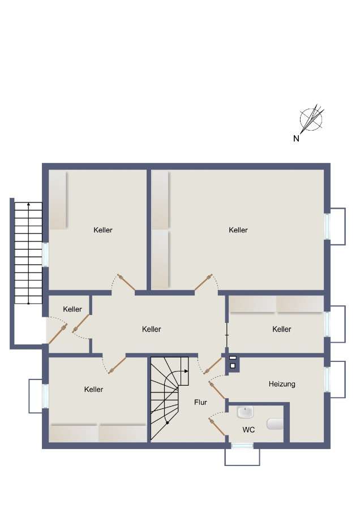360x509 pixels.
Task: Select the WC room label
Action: tap(248, 430)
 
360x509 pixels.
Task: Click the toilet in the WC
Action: tap(275, 423)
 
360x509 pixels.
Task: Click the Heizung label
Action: tap(281, 384)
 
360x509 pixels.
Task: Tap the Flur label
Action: tap(200, 403)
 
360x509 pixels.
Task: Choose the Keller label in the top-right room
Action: tap(238, 230)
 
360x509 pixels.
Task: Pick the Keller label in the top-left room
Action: tap(103, 230)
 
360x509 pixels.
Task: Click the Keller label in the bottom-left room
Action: tap(93, 389)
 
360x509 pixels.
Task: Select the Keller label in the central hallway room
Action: tap(152, 329)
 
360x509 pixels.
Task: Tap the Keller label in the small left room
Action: tap(72, 309)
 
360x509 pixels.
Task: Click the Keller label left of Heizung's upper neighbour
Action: tap(281, 329)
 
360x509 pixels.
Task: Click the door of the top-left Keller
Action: tap(126, 283)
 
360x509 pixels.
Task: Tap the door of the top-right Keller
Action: tap(203, 283)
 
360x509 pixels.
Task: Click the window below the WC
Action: tap(242, 446)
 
